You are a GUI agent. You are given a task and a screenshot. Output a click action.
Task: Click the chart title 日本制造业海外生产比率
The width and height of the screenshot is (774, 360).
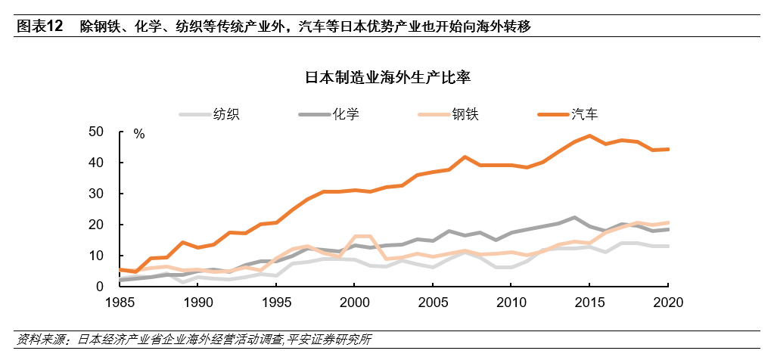(387, 77)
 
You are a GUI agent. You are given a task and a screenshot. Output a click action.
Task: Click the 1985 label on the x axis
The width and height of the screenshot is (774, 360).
(120, 303)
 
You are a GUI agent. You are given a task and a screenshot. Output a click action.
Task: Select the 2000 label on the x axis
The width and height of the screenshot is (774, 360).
(354, 303)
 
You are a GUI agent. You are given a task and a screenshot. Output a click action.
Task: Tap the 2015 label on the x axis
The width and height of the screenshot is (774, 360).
(589, 303)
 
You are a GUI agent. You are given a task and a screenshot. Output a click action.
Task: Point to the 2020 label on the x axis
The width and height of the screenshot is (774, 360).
(667, 303)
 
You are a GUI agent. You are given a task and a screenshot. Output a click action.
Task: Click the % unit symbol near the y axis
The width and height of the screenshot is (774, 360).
(138, 134)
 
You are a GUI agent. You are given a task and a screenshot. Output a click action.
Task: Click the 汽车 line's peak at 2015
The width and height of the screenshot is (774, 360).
(589, 136)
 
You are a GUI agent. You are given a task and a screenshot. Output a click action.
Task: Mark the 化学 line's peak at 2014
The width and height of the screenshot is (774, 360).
(574, 217)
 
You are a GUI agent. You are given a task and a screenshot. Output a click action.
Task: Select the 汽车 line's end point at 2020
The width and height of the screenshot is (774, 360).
(667, 149)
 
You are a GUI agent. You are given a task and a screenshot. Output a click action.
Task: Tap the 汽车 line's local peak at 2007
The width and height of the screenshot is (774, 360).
(464, 157)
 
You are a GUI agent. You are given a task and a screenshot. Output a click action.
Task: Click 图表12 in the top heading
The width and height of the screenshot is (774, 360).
(40, 26)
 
